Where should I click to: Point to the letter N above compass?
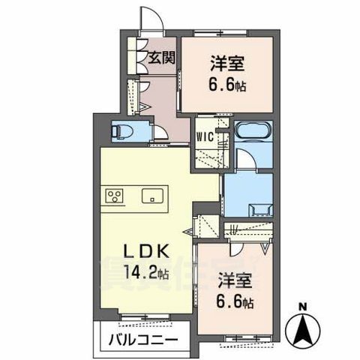pyautogui.click(x=302, y=306)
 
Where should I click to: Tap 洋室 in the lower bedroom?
pyautogui.click(x=234, y=283)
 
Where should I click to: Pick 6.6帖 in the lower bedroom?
pyautogui.click(x=235, y=303)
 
